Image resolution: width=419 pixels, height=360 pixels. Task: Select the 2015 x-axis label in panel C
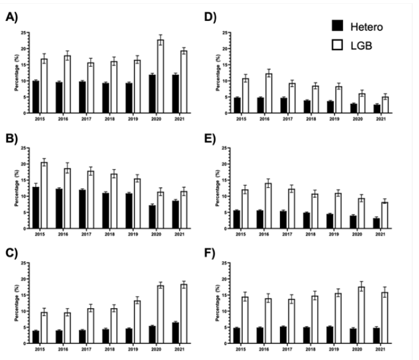point(40,350)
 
